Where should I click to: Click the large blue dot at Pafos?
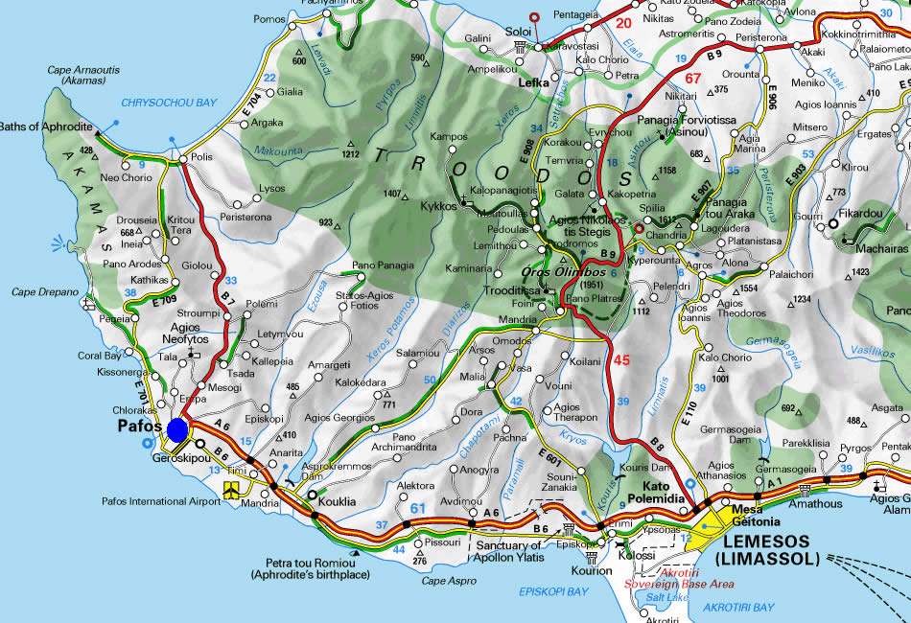coord(177,429)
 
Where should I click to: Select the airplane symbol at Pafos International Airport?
coord(231,490)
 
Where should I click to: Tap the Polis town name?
coord(201,156)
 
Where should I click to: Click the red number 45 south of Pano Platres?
coord(621,360)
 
